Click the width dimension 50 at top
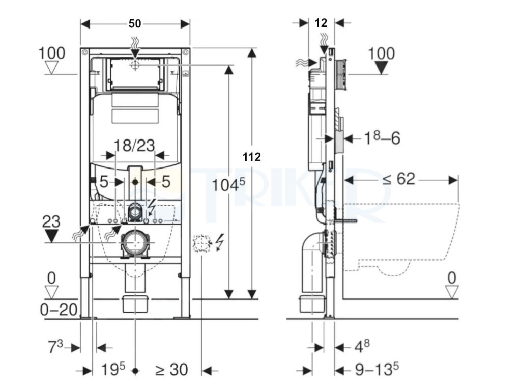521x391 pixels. pos(135,23)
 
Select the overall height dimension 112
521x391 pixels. pos(251,157)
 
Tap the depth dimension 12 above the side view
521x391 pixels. pos(321,23)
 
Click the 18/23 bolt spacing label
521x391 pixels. pos(134,146)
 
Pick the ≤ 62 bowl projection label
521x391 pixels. pos(400,179)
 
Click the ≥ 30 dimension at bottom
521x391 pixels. pos(171,370)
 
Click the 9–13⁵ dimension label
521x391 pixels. pos(377,370)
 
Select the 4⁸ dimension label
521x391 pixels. pos(362,347)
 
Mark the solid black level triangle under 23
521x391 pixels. pos(51,236)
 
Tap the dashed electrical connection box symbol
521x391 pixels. pos(201,244)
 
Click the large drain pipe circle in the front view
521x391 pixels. pos(135,242)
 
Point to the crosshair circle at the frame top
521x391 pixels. pos(135,65)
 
